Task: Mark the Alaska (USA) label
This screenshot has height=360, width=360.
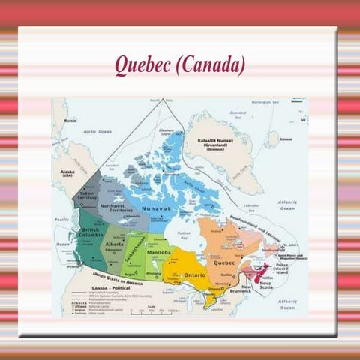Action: (x=67, y=173)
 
